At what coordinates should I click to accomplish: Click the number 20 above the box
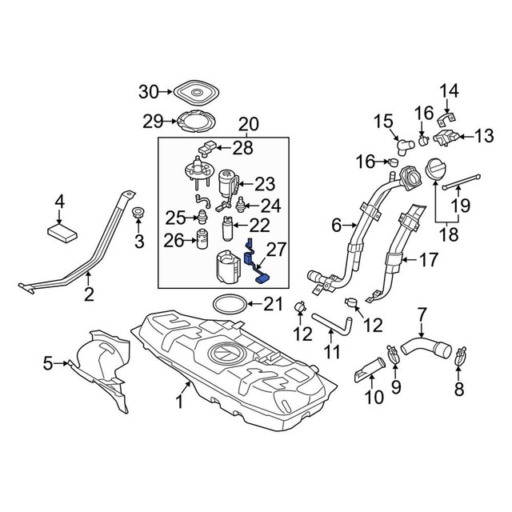(x=248, y=124)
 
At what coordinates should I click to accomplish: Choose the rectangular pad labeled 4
(x=62, y=232)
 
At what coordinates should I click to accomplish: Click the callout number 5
(x=47, y=364)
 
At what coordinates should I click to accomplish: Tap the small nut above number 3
(x=138, y=214)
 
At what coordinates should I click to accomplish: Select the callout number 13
(x=484, y=136)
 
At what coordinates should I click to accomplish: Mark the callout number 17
(x=430, y=259)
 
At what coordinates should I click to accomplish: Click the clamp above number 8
(x=459, y=352)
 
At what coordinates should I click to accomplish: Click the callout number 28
(x=242, y=147)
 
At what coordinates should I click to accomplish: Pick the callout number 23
(x=264, y=183)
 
